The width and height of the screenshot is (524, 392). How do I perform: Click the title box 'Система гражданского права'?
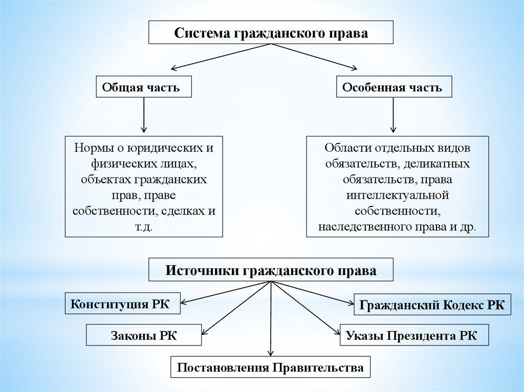[x=271, y=32]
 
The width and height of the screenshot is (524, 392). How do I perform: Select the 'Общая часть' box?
[x=144, y=87]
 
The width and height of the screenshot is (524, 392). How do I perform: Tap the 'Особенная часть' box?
[x=394, y=87]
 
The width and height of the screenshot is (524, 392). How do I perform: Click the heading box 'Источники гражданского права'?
[x=271, y=269]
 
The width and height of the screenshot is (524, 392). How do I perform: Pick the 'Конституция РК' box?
[x=122, y=304]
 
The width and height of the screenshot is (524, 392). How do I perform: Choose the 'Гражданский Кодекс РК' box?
[x=432, y=305]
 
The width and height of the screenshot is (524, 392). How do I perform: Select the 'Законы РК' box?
[x=144, y=335]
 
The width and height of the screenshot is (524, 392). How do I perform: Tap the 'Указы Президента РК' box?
[x=414, y=335]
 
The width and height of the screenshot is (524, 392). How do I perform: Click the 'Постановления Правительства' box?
[x=270, y=367]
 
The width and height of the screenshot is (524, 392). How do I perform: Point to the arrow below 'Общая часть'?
[x=144, y=115]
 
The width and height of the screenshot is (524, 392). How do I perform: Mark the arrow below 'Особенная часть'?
[x=394, y=115]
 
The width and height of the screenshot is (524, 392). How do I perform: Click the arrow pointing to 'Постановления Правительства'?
[x=271, y=319]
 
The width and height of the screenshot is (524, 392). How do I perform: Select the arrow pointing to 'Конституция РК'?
[x=226, y=292]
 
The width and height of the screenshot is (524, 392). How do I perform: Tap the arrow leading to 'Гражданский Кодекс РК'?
[x=313, y=293]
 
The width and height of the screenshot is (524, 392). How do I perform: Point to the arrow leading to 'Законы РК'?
[x=236, y=308]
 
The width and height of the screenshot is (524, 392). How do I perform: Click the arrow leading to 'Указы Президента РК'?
[x=305, y=308]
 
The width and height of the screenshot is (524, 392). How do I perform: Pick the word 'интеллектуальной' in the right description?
[x=397, y=195]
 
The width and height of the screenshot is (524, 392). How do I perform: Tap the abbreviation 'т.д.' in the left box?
[x=144, y=227]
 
